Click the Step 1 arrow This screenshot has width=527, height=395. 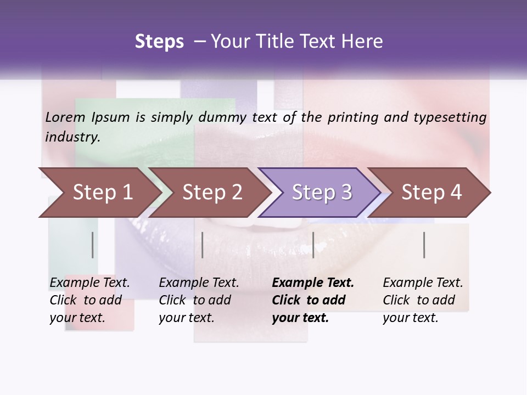[99, 192]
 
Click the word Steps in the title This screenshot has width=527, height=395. [159, 42]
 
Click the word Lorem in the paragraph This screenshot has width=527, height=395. [65, 117]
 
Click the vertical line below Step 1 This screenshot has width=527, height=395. [93, 245]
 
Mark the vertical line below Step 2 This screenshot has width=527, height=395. [203, 245]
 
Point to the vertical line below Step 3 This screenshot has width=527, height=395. [313, 245]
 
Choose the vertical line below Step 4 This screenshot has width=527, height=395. [424, 245]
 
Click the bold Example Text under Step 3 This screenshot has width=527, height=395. [313, 283]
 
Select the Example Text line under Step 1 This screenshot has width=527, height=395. [89, 283]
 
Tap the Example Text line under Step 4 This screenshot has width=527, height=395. [423, 283]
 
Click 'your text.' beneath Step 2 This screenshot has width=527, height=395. [186, 318]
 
